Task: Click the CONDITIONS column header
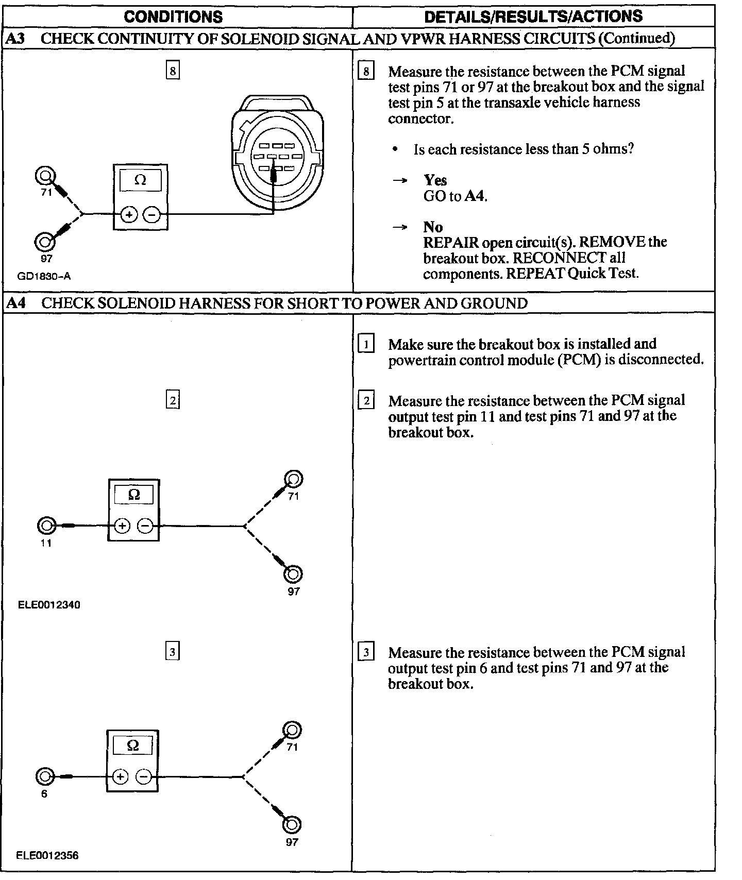[173, 16]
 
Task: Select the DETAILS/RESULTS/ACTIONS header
[533, 16]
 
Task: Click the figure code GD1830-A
[44, 276]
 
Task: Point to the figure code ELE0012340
[49, 604]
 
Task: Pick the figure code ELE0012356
[47, 855]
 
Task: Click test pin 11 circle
[46, 526]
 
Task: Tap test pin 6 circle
[44, 776]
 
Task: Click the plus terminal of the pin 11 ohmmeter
[122, 526]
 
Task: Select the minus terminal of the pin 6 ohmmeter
[144, 776]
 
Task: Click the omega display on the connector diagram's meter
[140, 180]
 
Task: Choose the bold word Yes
[435, 180]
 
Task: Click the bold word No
[433, 227]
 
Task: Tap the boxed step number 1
[366, 344]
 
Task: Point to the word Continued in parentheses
[637, 38]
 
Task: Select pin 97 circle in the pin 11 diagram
[293, 574]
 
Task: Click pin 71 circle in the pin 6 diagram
[292, 730]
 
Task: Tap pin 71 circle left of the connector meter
[44, 177]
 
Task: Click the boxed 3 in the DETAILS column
[366, 653]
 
